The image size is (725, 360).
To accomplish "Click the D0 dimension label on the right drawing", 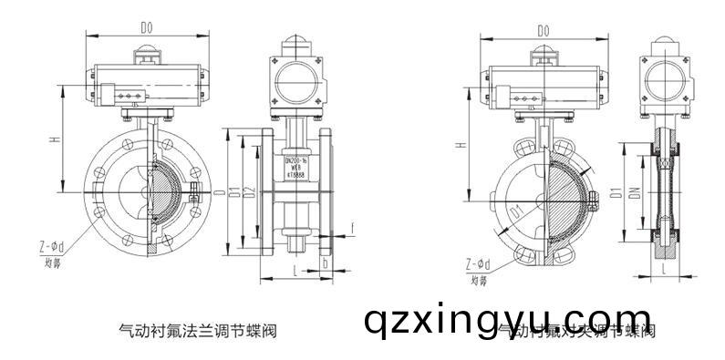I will pyautogui.click(x=544, y=31).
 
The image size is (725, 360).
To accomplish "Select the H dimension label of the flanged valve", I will pyautogui.click(x=56, y=140).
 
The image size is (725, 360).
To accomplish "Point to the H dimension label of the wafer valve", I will pyautogui.click(x=462, y=144).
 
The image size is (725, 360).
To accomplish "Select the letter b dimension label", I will pyautogui.click(x=326, y=263).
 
